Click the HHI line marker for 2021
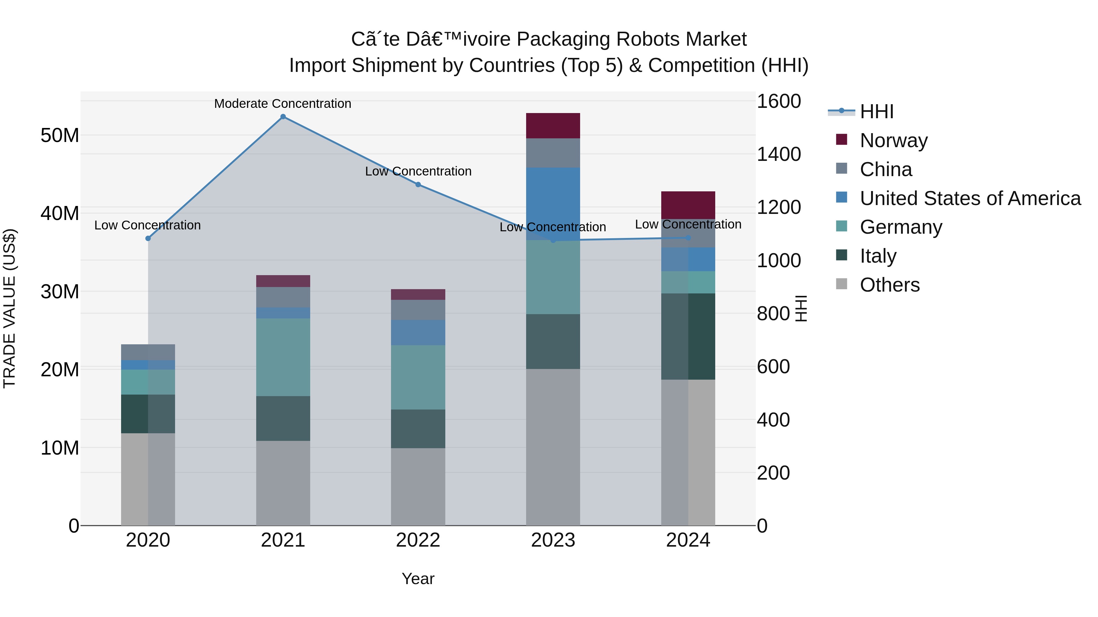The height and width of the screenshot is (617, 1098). [x=283, y=117]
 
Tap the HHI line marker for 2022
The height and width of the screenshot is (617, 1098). [x=418, y=184]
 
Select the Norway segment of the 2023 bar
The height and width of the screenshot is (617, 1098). [x=553, y=126]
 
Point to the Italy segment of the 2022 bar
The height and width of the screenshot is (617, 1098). [x=418, y=428]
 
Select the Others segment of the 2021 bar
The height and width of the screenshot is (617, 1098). [x=283, y=483]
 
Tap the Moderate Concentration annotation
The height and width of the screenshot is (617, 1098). [x=283, y=104]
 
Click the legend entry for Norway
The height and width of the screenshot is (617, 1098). [x=893, y=140]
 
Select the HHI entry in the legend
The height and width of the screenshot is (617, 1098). [x=876, y=112]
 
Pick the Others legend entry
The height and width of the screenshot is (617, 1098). [x=890, y=285]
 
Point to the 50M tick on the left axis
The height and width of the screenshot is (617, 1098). [x=60, y=135]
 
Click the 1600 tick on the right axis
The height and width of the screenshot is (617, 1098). [x=778, y=101]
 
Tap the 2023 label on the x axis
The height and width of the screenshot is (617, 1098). [x=553, y=540]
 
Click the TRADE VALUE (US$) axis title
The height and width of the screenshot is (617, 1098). [x=10, y=308]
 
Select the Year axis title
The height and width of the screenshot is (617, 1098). [x=418, y=579]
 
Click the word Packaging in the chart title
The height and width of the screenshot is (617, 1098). [x=564, y=39]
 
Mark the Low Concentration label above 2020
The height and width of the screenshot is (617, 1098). [x=148, y=225]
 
